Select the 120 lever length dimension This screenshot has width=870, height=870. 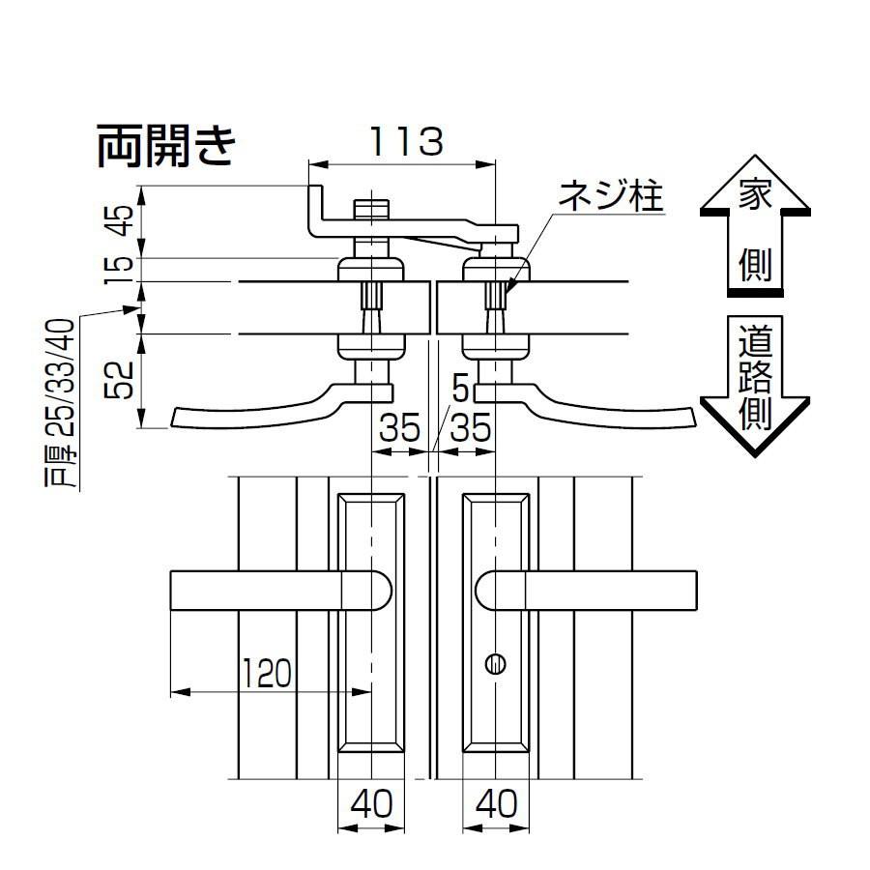(x=266, y=671)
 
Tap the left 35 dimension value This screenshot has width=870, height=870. (x=398, y=426)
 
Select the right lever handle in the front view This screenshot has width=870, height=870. (x=590, y=591)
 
